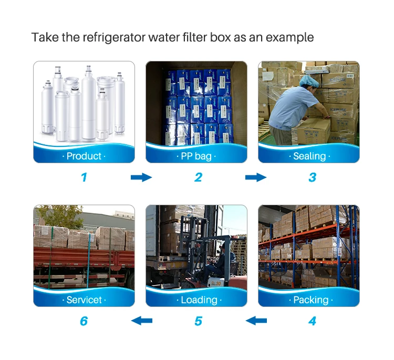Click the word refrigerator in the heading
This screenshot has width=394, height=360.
114,38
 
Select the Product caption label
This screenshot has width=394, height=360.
84,156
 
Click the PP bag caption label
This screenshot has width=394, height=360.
196,156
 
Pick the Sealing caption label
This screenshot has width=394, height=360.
309,156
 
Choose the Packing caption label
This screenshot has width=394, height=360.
311,300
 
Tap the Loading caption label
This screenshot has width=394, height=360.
199,300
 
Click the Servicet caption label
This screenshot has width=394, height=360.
84,300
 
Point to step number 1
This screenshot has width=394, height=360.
84,177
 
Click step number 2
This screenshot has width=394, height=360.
198,177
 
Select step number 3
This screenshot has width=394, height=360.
313,177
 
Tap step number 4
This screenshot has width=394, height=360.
312,321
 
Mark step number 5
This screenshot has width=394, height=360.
198,321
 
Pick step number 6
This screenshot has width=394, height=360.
84,321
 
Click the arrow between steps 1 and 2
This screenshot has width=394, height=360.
141,177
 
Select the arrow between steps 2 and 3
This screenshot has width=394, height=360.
256,177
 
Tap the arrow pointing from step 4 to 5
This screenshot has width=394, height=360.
256,321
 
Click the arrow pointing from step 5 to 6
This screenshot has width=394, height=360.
142,321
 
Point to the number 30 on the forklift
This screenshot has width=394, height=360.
218,283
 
